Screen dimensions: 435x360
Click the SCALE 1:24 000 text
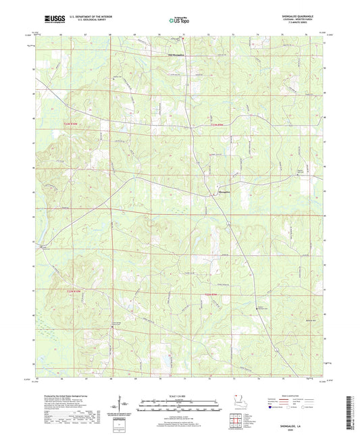pyautogui.click(x=180, y=395)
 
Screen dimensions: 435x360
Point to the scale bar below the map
pyautogui.click(x=180, y=405)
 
